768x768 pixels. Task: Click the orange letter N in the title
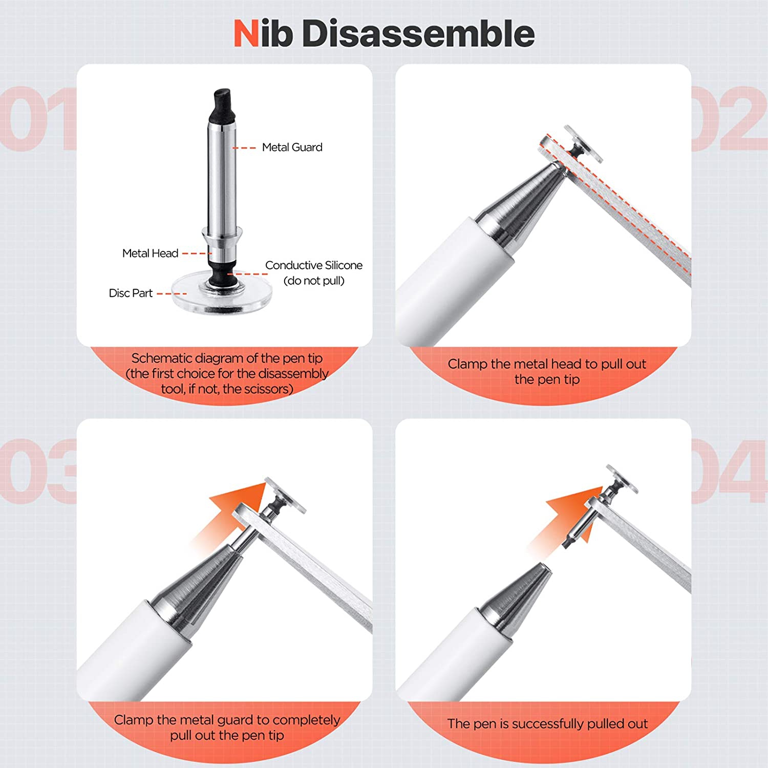point(246,34)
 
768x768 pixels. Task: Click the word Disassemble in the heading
point(418,34)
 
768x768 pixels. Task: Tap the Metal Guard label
point(292,147)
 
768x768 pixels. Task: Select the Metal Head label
point(150,253)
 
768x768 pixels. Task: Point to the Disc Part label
point(131,293)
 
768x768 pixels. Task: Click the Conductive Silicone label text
point(313,265)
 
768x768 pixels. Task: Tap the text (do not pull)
point(313,281)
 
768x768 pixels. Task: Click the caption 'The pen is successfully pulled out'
point(547,723)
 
